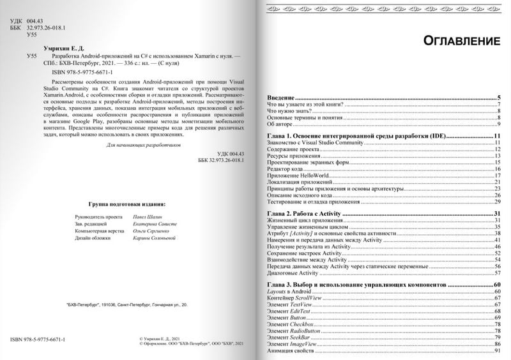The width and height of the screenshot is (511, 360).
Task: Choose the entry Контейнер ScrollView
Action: click(x=298, y=298)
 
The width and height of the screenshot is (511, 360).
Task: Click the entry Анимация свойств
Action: click(x=291, y=352)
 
